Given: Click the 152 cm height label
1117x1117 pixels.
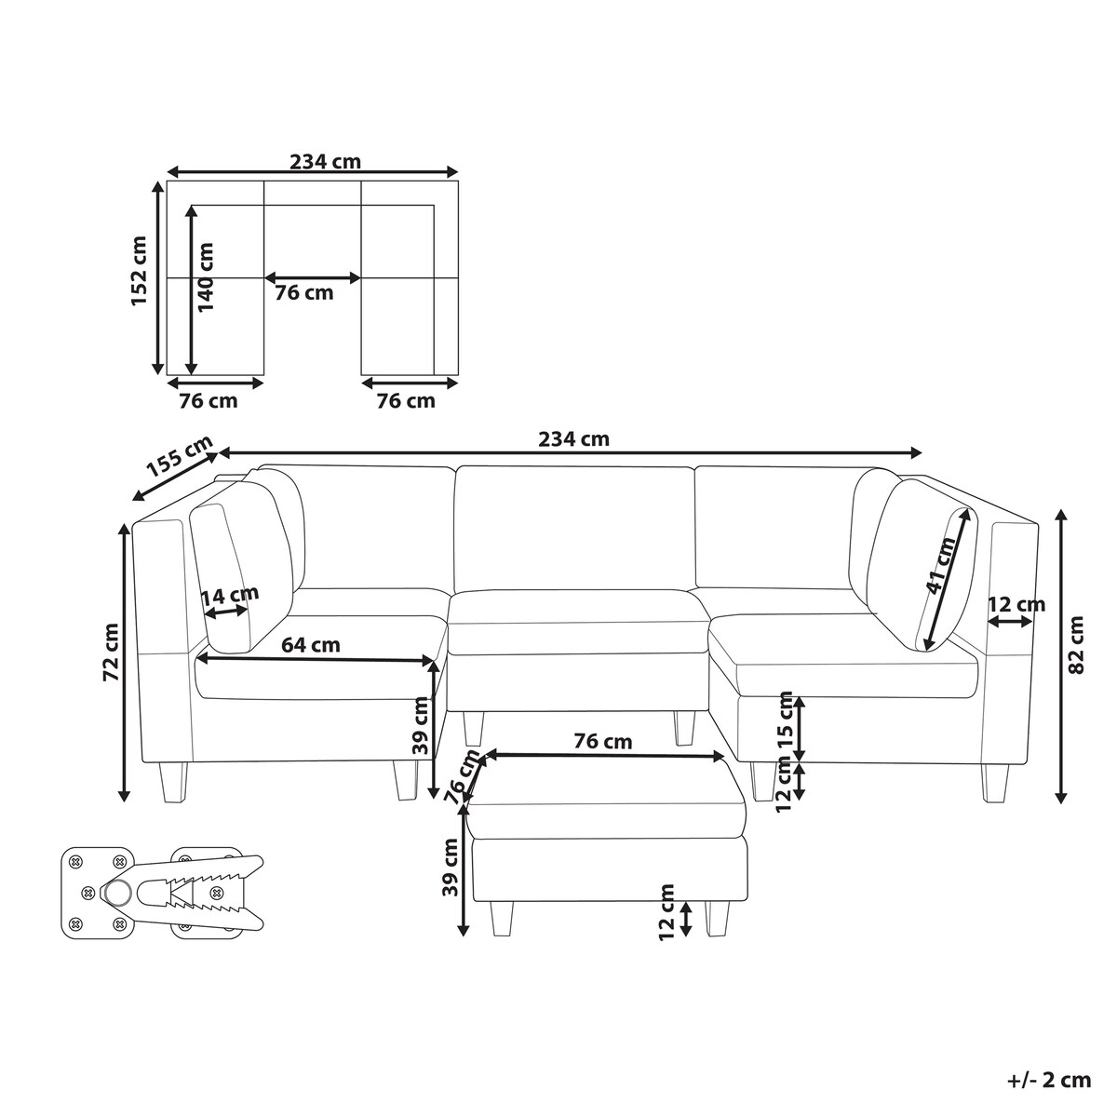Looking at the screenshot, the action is click(x=139, y=271).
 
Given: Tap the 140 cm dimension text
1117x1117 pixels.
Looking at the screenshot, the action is click(x=205, y=276).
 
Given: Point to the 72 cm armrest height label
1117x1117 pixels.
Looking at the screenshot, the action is click(x=111, y=653).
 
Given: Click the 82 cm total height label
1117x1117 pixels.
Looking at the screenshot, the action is click(x=1075, y=644).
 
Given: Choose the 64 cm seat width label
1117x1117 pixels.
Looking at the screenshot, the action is click(x=311, y=644).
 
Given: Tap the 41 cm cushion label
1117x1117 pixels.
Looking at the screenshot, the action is click(x=939, y=565).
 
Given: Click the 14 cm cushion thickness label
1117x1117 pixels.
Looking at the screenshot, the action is click(x=230, y=596).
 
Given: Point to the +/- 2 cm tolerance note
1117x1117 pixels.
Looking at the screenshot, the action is click(x=1049, y=1081).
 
